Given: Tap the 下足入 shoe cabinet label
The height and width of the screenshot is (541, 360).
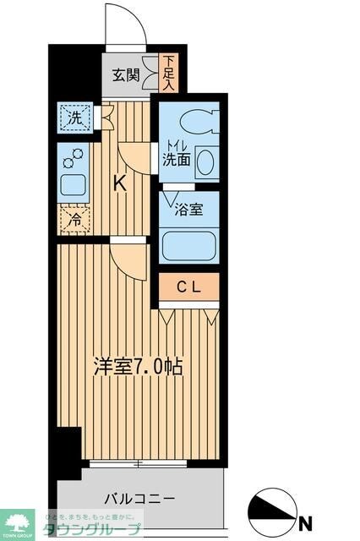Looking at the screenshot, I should [x=170, y=73].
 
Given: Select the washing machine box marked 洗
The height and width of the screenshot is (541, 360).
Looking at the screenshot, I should [x=75, y=117].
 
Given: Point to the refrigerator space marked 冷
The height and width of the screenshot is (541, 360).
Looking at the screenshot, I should [x=74, y=218].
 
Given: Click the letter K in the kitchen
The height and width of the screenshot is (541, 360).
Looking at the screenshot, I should [x=120, y=182].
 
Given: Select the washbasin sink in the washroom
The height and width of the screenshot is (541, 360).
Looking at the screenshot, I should [x=205, y=161].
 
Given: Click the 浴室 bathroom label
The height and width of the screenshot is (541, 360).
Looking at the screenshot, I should [x=188, y=210].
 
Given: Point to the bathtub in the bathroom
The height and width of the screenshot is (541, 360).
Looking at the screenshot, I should [x=189, y=246].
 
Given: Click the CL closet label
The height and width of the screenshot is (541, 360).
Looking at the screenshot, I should [x=188, y=287].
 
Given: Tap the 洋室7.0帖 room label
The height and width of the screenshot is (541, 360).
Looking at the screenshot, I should [x=139, y=367].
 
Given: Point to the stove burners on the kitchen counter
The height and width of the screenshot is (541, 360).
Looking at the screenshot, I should [x=74, y=157].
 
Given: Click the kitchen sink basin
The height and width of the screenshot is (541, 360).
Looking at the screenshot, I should [x=74, y=184].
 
